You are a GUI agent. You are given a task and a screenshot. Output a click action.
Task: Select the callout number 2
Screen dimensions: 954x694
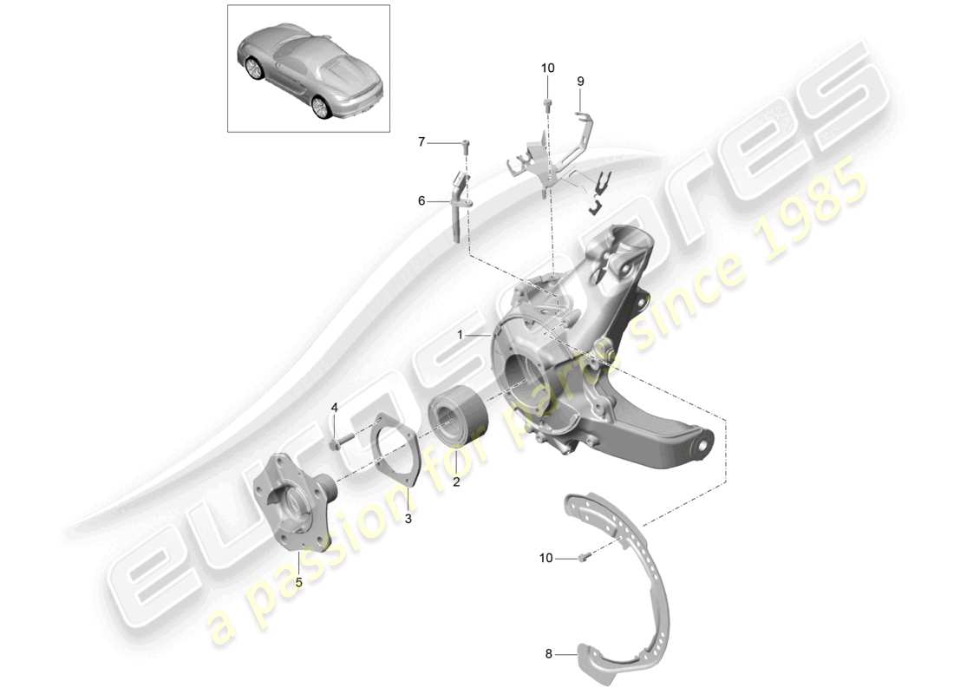click(456, 482)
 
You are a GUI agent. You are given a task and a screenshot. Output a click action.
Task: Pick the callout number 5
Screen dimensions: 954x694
click(299, 582)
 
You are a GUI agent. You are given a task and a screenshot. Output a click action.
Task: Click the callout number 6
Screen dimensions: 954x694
click(422, 201)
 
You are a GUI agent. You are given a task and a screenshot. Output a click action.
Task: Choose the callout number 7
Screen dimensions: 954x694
click(422, 142)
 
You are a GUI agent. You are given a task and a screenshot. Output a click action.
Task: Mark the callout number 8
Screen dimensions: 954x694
click(549, 656)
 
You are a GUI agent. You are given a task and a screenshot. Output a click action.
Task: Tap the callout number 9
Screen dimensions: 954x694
click(581, 81)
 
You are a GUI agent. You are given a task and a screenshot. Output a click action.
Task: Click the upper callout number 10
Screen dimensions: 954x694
click(547, 68)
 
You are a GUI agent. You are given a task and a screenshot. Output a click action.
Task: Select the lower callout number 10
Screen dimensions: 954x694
click(546, 559)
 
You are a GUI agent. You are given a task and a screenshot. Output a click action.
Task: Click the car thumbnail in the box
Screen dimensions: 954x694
click(308, 69)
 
